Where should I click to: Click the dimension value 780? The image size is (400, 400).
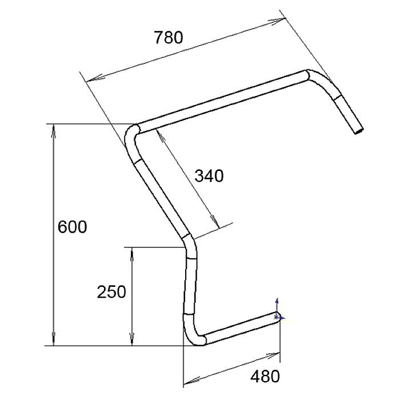[169, 38]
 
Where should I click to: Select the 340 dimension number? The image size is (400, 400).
[209, 176]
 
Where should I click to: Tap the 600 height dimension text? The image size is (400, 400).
[72, 227]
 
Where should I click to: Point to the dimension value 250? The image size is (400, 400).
[111, 292]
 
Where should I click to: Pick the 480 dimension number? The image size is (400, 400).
[265, 376]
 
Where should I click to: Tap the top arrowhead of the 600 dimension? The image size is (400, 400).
[54, 131]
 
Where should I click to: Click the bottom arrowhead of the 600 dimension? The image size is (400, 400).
[54, 339]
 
